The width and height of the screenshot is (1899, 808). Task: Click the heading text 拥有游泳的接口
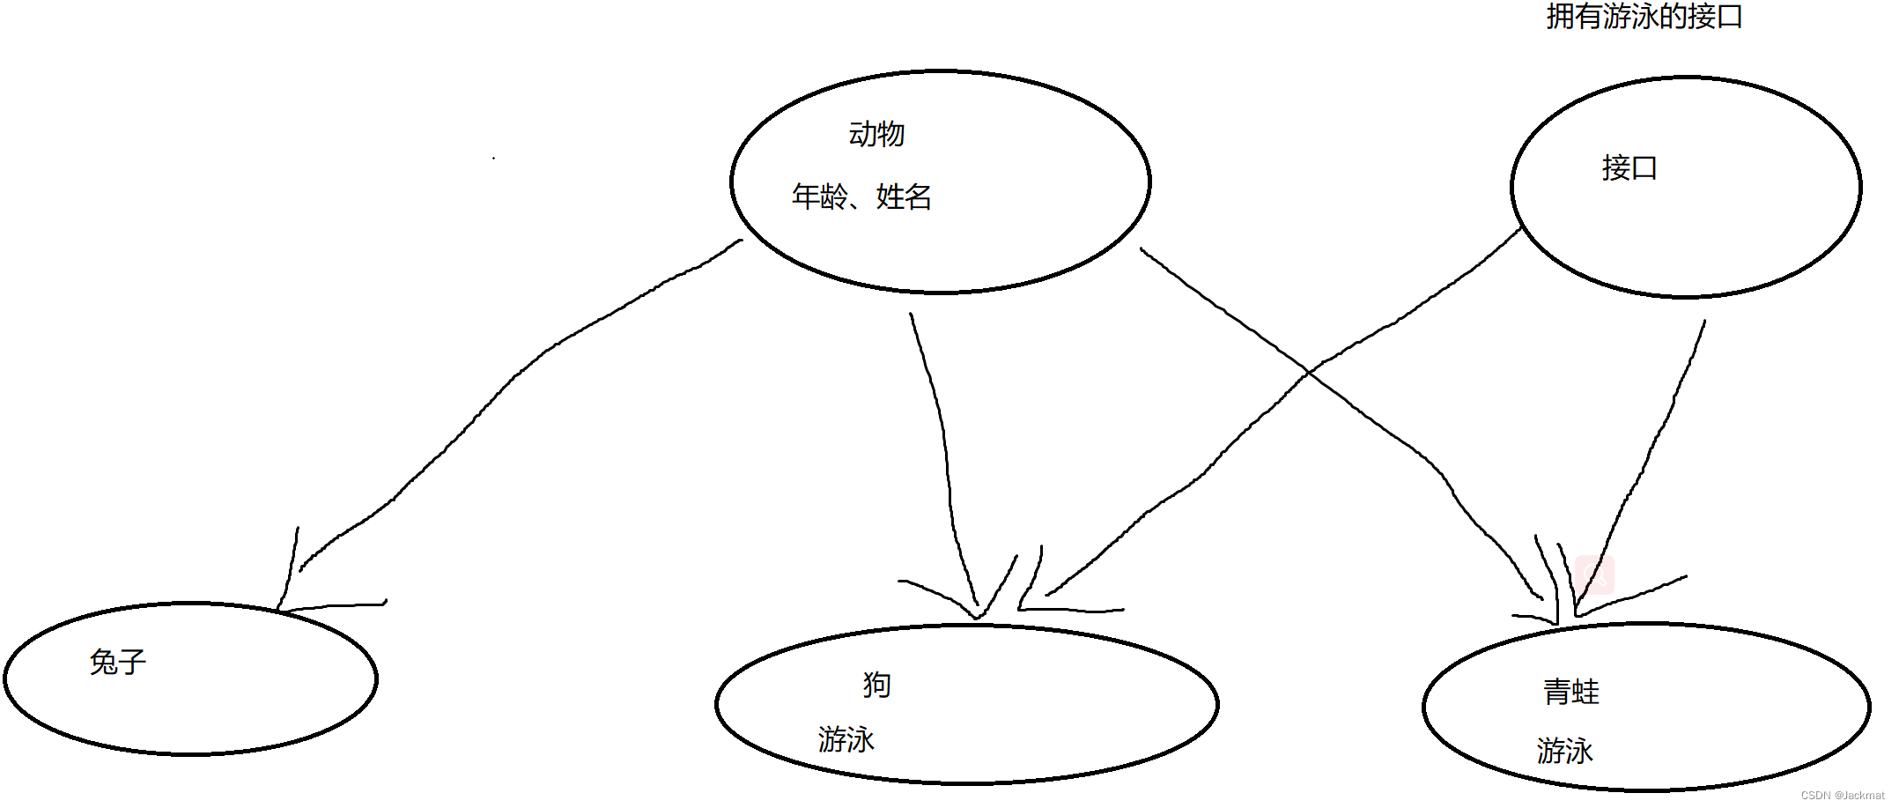click(x=1644, y=17)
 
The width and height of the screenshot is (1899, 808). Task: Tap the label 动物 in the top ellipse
click(x=876, y=134)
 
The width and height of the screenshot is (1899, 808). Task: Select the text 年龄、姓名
click(x=861, y=196)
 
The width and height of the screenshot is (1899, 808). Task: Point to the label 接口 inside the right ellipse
click(x=1629, y=167)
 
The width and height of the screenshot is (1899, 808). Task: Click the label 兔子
click(x=117, y=662)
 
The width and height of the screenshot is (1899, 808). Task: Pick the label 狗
click(x=876, y=685)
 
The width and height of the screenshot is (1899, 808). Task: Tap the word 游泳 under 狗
click(x=846, y=739)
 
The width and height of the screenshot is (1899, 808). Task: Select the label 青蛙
click(x=1570, y=692)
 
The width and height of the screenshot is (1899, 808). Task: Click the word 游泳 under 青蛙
click(x=1564, y=751)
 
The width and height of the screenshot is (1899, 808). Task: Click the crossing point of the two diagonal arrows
click(x=1310, y=373)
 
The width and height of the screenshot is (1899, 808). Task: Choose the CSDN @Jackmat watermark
click(x=1842, y=795)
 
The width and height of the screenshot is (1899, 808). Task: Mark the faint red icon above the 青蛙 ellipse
click(x=1594, y=574)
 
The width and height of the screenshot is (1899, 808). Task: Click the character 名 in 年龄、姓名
click(x=917, y=196)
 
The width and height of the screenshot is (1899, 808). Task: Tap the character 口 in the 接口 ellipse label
click(x=1644, y=167)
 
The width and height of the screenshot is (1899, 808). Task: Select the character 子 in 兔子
click(x=132, y=662)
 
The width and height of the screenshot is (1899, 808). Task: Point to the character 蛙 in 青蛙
click(x=1585, y=692)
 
